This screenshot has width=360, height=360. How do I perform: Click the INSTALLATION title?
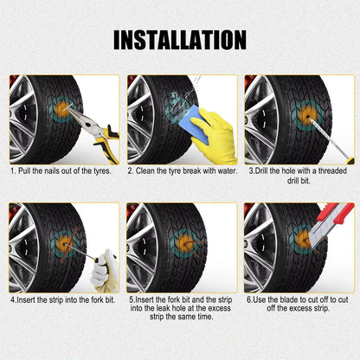coord(180,39)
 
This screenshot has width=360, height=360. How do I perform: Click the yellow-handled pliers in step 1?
coord(94,131)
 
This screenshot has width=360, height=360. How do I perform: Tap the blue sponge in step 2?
coord(202,125)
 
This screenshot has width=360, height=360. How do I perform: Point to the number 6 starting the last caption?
coord(248,299)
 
